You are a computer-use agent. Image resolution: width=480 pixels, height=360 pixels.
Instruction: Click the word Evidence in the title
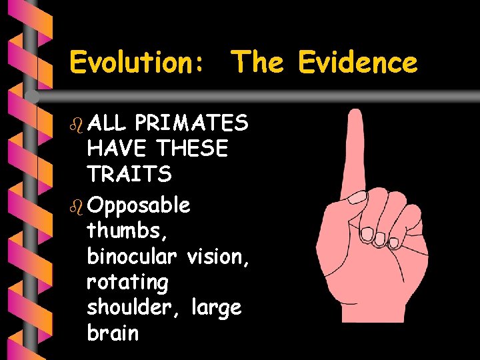(x=358, y=63)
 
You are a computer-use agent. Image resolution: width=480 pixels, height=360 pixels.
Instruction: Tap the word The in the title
(x=257, y=63)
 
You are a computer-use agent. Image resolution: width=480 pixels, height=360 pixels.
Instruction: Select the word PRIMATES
(x=191, y=123)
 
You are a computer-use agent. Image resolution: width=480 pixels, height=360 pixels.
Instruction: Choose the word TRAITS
(x=129, y=174)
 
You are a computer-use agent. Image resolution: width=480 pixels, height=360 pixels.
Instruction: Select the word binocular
(x=131, y=256)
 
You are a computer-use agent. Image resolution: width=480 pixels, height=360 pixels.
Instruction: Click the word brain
(x=113, y=333)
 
